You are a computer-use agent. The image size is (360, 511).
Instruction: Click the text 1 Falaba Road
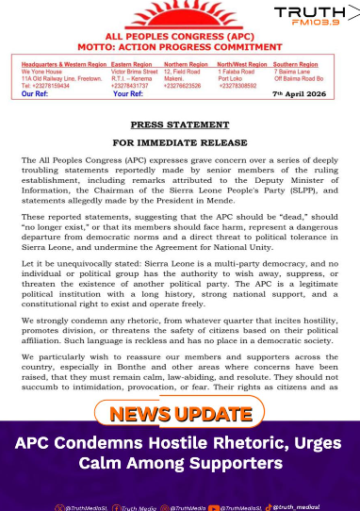241,71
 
